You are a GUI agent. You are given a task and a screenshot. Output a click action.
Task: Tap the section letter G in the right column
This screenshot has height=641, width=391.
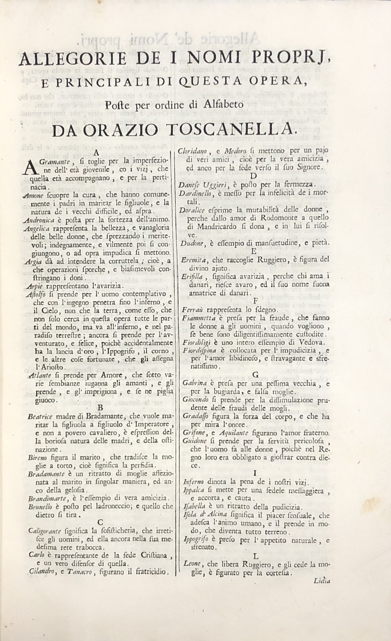tap(255, 375)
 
